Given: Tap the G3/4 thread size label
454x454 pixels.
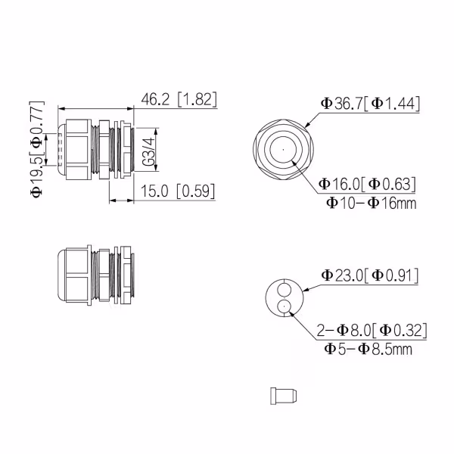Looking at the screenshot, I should (149, 152).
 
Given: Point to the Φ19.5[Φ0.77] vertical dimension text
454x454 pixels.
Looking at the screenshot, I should (37, 149).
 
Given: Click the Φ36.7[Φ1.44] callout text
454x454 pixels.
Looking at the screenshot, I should (369, 104).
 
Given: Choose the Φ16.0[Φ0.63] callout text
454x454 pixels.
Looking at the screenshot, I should (367, 184).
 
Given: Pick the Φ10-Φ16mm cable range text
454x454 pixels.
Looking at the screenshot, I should (371, 203).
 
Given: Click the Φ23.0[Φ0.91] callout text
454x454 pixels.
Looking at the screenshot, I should (371, 275).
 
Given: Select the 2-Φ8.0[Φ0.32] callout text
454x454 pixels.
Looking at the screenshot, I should (372, 330).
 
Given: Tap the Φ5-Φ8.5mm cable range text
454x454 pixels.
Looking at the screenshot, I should (368, 349).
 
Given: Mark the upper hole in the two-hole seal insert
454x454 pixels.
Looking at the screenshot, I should (284, 290).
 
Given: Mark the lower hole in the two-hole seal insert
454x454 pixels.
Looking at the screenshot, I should (284, 306).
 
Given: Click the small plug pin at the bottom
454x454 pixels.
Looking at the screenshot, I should (283, 395).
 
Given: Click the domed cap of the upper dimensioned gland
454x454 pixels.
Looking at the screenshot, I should (63, 149).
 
